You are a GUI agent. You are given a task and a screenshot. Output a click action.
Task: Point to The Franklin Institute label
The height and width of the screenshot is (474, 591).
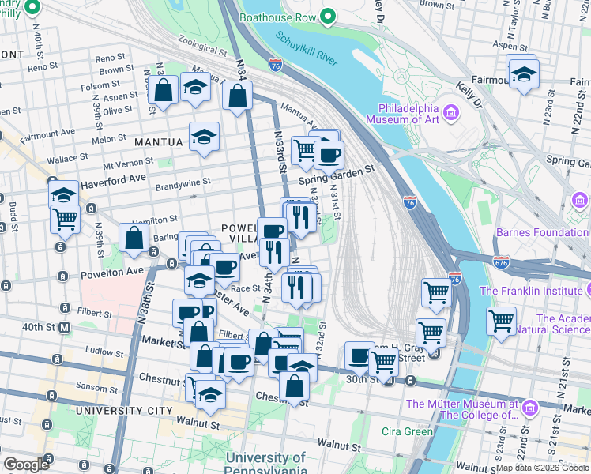point(535,290)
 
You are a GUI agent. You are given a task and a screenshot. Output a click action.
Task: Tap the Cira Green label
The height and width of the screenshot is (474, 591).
point(407,431)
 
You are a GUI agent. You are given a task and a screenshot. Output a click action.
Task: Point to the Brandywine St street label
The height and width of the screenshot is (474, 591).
point(183,181)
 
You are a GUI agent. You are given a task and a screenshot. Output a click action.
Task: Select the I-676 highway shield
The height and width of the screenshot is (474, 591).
point(501,260)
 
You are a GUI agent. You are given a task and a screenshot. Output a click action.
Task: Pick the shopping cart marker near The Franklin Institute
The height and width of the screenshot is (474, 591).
point(501,320)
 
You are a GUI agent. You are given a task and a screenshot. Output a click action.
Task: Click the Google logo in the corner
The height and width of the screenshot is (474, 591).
point(26,465)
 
